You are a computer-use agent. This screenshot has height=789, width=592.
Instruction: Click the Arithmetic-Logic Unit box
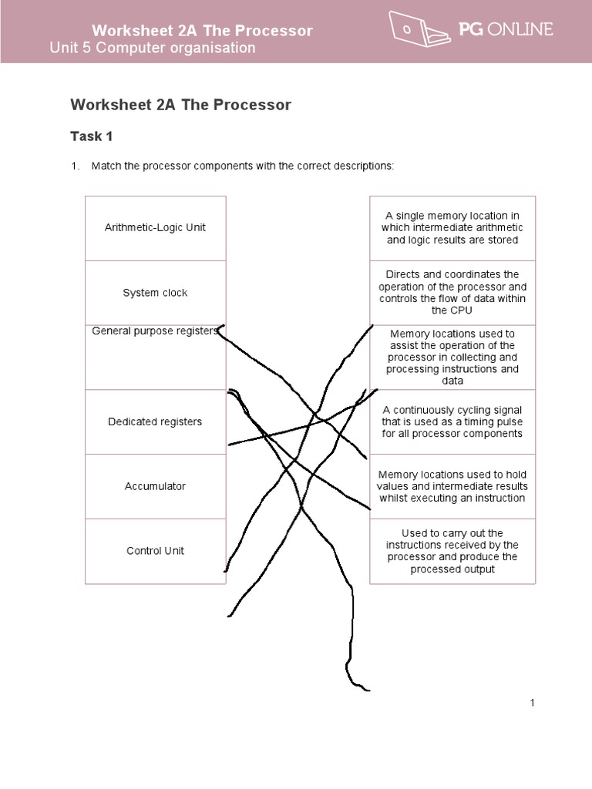point(155,228)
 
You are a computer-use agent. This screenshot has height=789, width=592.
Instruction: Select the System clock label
point(155,293)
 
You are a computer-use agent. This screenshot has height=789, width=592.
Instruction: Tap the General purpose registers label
point(155,331)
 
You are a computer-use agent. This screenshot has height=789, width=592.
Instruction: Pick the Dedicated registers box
point(155,421)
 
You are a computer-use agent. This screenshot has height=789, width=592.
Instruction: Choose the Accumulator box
point(155,486)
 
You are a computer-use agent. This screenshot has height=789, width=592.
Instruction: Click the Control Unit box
point(155,551)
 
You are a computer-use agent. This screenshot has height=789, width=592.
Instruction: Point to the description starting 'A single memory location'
point(452,228)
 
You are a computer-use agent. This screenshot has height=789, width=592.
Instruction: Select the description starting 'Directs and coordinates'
point(452,292)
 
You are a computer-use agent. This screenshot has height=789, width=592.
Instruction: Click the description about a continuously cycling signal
point(452,421)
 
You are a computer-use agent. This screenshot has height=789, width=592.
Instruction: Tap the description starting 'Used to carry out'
point(452,551)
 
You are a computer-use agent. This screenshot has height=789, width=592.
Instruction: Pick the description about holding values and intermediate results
point(452,486)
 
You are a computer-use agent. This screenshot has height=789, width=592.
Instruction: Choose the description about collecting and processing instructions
point(452,358)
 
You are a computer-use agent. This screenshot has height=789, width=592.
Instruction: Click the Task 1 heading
point(92,136)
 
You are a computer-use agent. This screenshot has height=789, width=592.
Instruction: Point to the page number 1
point(532,703)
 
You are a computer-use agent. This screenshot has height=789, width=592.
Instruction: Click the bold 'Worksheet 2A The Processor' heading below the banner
point(180,105)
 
